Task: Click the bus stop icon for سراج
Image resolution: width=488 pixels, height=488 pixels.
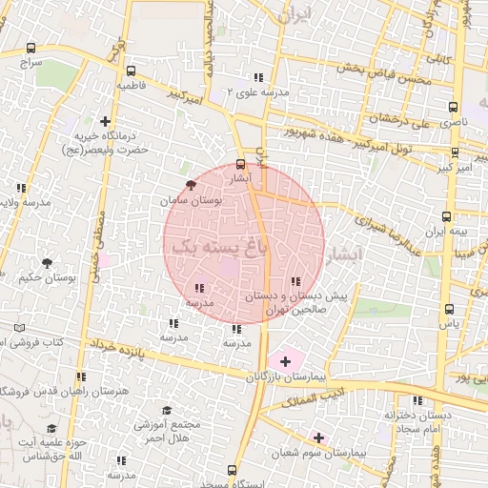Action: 31,48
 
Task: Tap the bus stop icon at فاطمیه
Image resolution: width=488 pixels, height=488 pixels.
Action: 131,71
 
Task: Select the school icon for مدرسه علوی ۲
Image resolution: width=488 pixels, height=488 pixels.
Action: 257,77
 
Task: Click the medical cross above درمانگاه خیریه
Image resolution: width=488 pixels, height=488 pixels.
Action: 105,121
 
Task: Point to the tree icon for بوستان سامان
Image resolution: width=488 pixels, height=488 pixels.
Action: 191,185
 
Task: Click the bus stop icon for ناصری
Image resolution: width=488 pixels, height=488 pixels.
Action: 453,108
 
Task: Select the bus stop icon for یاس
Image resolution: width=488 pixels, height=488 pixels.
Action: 449,309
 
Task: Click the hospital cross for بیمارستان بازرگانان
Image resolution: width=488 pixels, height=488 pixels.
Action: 284,361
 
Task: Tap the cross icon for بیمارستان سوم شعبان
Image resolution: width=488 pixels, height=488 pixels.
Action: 318,437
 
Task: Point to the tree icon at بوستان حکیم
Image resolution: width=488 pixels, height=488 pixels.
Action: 45,261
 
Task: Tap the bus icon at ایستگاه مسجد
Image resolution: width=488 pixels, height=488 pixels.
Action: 232,471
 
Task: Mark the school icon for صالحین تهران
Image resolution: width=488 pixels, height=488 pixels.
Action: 295,281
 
